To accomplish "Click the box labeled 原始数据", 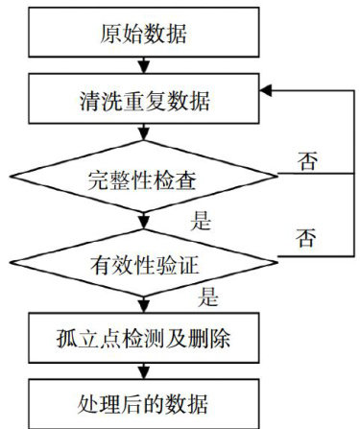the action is coord(144,33).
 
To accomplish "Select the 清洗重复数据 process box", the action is coord(144,99).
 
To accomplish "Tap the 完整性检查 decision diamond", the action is coord(144,177).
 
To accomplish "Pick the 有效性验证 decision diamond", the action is coord(144,263).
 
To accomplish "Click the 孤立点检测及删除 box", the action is coord(144,338).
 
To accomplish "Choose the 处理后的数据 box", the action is coord(144,404).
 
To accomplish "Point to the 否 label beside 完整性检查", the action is coord(307,160).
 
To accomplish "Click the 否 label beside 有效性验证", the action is coord(306,237).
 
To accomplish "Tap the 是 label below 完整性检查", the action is coord(201,221).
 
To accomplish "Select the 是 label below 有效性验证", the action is coord(208,297).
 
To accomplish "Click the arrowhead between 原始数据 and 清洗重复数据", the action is coord(144,67).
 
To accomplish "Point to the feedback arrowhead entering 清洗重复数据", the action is coord(266,90).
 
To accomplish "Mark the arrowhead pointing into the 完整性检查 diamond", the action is coord(144,134).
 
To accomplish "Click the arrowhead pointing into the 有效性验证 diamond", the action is coord(144,223).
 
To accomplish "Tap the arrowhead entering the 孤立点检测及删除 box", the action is coord(144,307).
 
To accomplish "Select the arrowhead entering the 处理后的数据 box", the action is coord(144,373).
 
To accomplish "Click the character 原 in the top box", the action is coord(111,33).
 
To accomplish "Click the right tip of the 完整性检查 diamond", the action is coord(277,176).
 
